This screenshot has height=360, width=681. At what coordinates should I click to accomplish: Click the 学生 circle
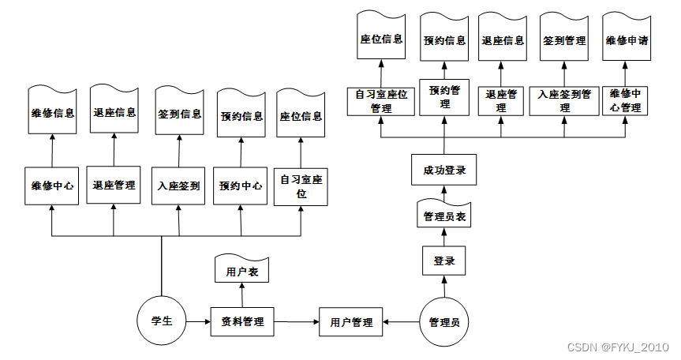[162, 321]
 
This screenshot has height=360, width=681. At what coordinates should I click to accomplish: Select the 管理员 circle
[443, 322]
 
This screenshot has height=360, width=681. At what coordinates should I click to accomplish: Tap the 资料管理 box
[242, 322]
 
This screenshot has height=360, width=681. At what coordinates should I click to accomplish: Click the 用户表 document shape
[242, 272]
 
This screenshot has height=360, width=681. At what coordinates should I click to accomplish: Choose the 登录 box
[444, 261]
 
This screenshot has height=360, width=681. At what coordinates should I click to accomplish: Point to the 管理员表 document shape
[444, 215]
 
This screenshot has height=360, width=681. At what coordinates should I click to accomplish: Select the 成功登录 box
[444, 170]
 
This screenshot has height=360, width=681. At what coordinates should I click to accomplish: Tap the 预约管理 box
[444, 96]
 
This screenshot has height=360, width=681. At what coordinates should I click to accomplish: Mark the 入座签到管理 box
[564, 101]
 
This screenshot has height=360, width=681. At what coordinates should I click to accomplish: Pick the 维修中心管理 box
[626, 101]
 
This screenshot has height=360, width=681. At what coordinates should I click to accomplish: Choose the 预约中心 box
[241, 186]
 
